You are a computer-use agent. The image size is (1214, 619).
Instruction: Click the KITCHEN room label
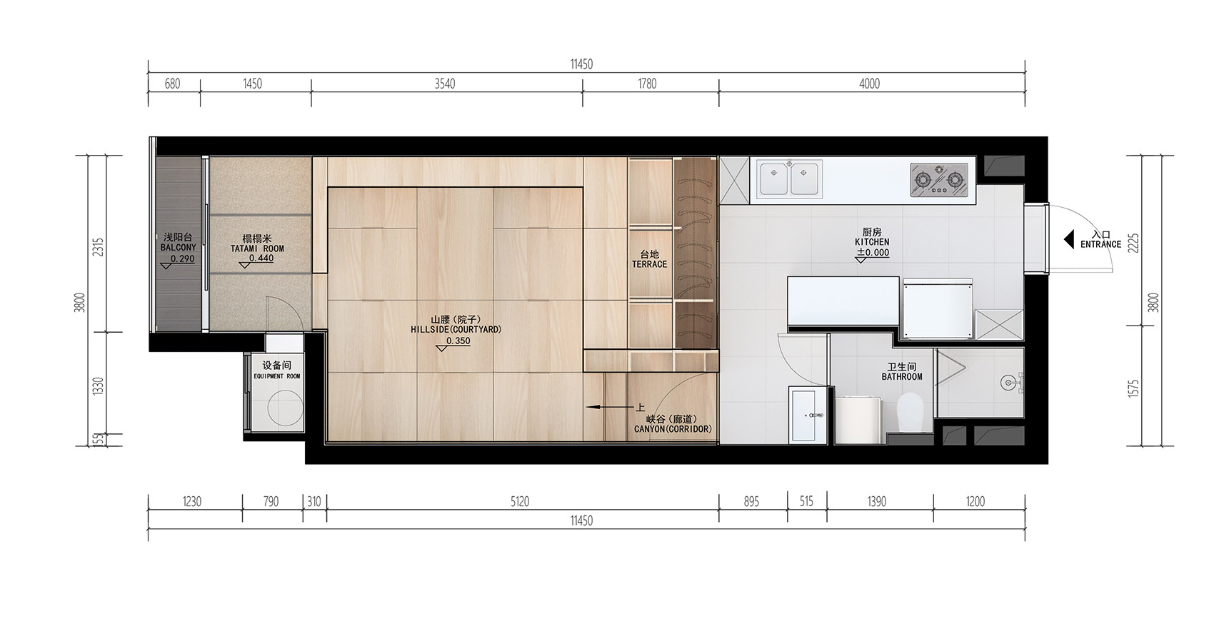(872, 242)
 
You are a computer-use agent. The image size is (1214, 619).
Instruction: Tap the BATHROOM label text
(901, 376)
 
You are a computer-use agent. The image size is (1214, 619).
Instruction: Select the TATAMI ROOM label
(257, 248)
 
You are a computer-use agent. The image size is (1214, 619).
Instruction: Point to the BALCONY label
(178, 247)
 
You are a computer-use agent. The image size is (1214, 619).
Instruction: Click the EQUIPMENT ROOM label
(276, 376)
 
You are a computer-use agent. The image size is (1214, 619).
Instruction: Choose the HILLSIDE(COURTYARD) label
(456, 330)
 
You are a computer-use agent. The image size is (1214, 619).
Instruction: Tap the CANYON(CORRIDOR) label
(673, 429)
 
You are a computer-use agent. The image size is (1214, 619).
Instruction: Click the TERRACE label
(649, 264)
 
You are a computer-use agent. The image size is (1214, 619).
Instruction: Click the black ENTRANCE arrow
(1069, 239)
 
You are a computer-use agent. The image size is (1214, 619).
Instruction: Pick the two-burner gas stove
(939, 178)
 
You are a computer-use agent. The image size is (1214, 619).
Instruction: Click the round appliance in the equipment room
(286, 409)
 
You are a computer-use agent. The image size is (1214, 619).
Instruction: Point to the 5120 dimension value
(520, 502)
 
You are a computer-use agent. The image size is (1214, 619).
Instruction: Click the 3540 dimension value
(444, 84)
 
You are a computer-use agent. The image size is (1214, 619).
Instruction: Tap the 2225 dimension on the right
(1133, 243)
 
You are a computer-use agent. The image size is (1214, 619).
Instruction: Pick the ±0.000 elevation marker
(872, 253)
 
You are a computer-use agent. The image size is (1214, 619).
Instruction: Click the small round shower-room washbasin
(1010, 382)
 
